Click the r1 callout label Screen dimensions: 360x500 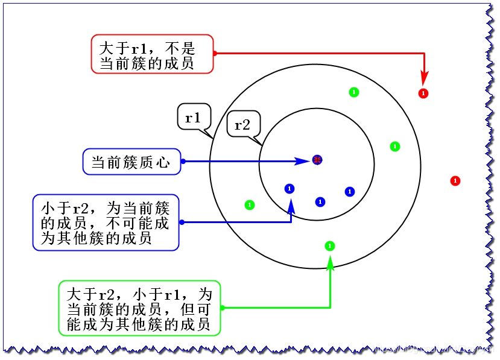(x=193, y=118)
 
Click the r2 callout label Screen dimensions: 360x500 (x=242, y=125)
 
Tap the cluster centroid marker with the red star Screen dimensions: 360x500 (x=317, y=160)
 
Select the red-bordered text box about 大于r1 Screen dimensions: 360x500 (x=152, y=54)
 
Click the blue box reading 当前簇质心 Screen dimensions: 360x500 (x=131, y=162)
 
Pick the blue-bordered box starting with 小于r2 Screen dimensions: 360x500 (x=106, y=223)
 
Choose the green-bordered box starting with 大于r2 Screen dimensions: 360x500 (x=139, y=308)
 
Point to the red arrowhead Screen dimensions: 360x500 (x=425, y=79)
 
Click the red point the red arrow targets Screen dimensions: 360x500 (x=423, y=93)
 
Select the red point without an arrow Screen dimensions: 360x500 (x=455, y=181)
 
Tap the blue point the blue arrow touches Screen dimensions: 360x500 (x=290, y=189)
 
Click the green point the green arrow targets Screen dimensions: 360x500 (x=330, y=245)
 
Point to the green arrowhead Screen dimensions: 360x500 (x=330, y=261)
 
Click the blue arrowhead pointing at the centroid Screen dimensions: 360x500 (x=302, y=161)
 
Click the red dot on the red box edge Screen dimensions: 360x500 (x=215, y=54)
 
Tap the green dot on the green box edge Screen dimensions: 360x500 (x=222, y=308)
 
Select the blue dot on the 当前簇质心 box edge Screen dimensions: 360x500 (x=182, y=161)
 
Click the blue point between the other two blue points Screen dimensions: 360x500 (x=320, y=201)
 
